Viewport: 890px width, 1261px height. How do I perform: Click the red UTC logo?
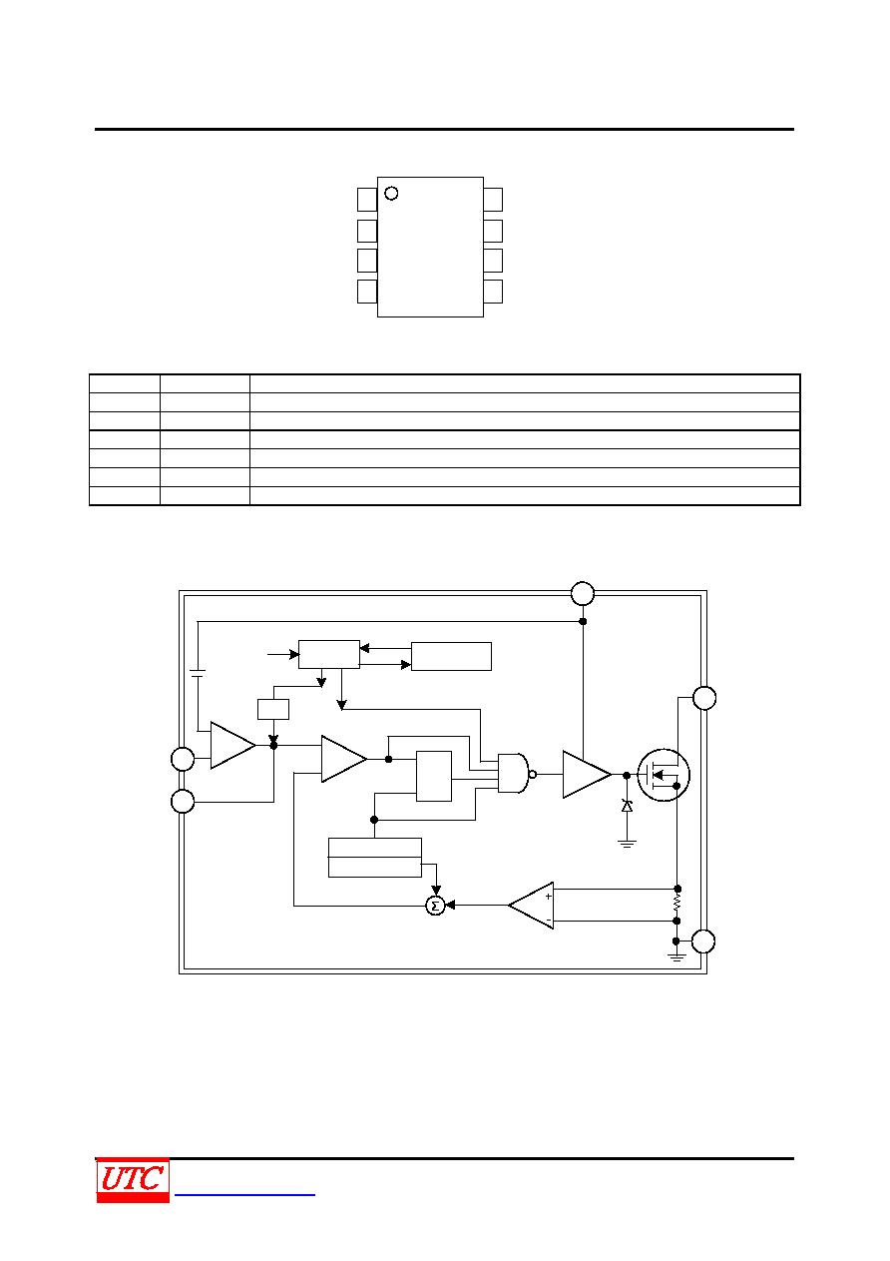[x=133, y=1180]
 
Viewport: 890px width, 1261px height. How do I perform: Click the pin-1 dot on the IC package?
[x=391, y=193]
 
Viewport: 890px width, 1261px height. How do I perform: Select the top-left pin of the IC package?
[x=367, y=200]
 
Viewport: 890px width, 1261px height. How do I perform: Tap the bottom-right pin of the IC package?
[x=493, y=292]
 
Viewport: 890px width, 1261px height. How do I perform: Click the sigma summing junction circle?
[x=435, y=906]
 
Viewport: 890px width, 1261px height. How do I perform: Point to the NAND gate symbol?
[x=513, y=774]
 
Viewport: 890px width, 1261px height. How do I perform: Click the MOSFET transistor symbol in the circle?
[x=664, y=775]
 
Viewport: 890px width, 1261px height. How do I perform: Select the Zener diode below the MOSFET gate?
[x=627, y=806]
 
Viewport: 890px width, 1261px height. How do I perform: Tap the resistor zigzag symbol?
[x=676, y=905]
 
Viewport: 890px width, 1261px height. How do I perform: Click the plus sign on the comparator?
[x=549, y=897]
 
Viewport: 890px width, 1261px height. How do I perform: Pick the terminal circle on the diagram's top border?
[x=583, y=593]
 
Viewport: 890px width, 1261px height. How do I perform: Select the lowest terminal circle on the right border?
[x=703, y=942]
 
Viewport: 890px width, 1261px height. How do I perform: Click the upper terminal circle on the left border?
[x=183, y=759]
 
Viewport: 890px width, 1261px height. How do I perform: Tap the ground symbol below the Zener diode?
[x=627, y=844]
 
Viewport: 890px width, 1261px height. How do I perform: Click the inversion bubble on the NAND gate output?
[x=533, y=774]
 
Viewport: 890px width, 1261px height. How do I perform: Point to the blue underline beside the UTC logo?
[x=244, y=1194]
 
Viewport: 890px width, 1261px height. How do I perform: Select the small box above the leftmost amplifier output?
[x=273, y=709]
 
